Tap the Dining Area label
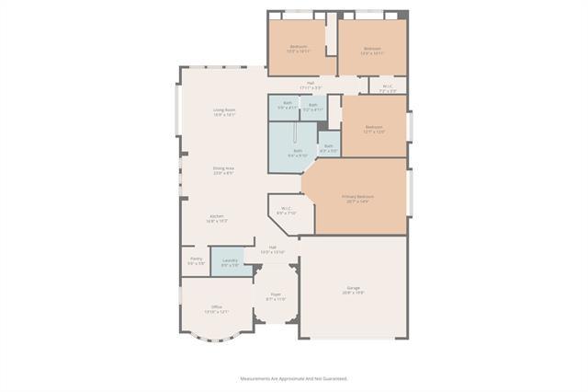[224, 167]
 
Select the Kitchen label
[217, 216]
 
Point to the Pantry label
[197, 259]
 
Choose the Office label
[217, 306]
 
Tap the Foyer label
[276, 294]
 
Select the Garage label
[354, 288]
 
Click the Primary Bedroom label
[358, 196]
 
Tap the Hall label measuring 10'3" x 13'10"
[273, 247]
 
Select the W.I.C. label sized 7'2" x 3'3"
[388, 86]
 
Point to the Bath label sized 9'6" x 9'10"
[297, 151]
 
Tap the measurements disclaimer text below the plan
[294, 378]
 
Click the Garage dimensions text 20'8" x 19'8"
[354, 293]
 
